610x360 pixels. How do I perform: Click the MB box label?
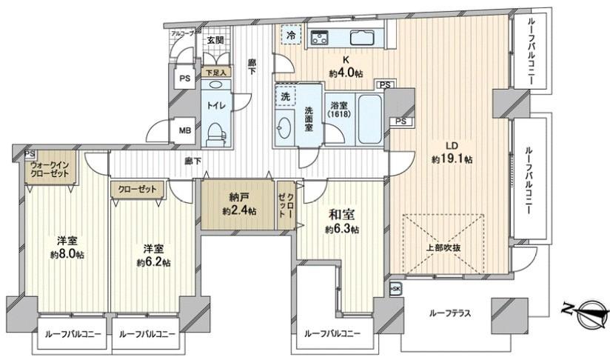[x=184, y=131]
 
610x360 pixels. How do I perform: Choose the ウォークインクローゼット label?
[x=50, y=168]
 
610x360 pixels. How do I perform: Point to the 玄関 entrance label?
[x=215, y=40]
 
